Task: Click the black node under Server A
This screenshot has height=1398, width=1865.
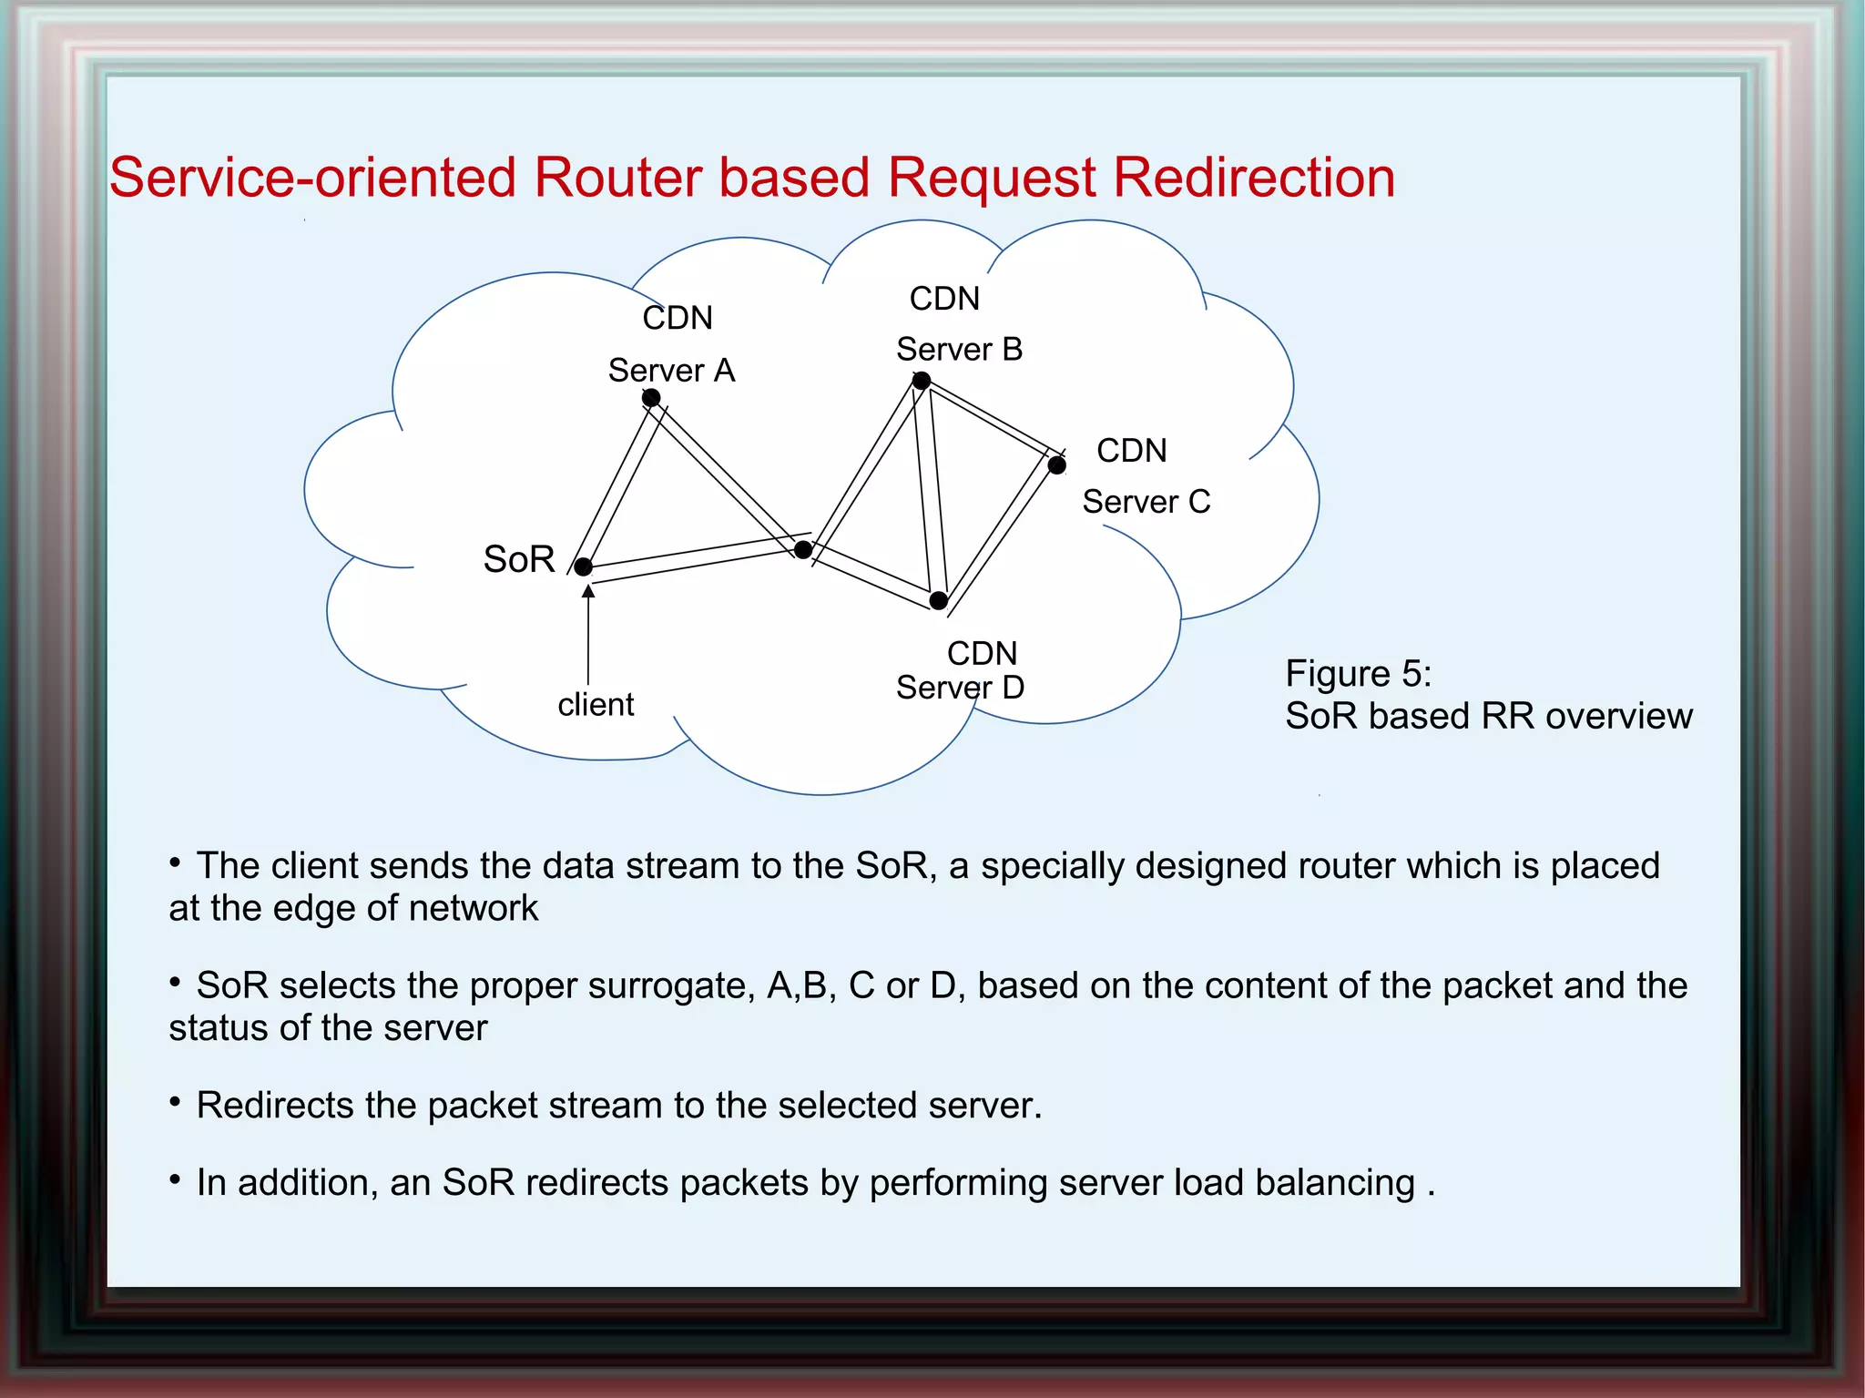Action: [651, 398]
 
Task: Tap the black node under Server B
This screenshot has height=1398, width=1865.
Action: [922, 381]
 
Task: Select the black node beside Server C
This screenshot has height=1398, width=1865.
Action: [1056, 465]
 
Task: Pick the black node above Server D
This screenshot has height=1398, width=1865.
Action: [939, 601]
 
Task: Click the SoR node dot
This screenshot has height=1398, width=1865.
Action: [584, 567]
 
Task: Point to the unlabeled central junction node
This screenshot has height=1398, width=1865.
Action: [803, 550]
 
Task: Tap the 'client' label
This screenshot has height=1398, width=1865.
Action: [596, 705]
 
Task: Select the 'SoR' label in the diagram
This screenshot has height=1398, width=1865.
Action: [519, 559]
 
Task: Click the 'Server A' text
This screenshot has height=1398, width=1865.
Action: [671, 371]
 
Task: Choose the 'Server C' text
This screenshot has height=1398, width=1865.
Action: [1146, 502]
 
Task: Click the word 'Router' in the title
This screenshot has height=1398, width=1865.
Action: [619, 177]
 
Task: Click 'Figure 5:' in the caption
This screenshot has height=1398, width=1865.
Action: [1358, 674]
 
